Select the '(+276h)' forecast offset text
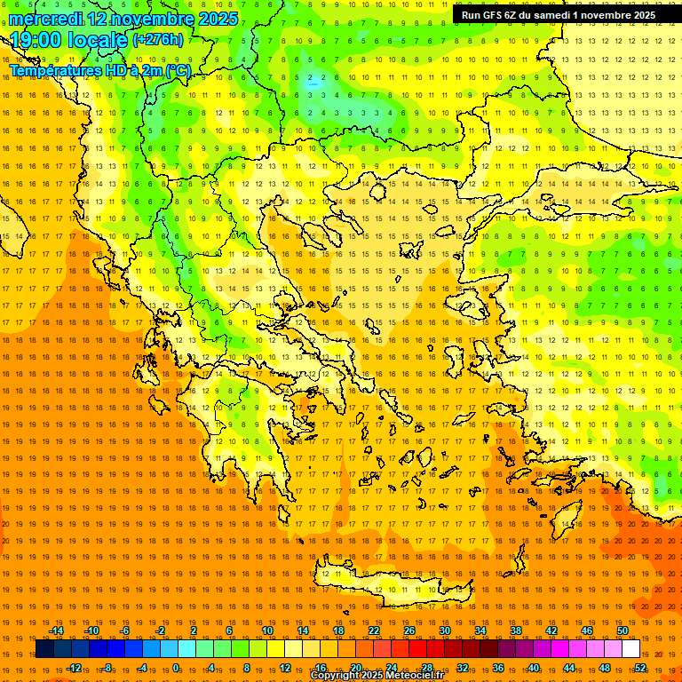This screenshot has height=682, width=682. coord(158,39)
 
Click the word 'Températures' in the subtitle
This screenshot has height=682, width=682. coord(55,70)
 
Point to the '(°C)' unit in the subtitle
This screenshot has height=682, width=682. coord(178,70)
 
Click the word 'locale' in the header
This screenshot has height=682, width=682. coord(101,40)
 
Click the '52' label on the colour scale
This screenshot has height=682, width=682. coord(640,667)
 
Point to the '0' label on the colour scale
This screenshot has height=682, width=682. coord(176,667)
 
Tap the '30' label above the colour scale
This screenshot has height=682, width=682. coord(444,630)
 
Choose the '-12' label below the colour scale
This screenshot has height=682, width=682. coord(74,667)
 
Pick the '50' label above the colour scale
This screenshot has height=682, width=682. coord(623,630)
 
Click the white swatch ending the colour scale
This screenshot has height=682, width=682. coord(630,648)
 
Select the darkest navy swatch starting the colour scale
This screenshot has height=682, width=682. coord(44,648)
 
